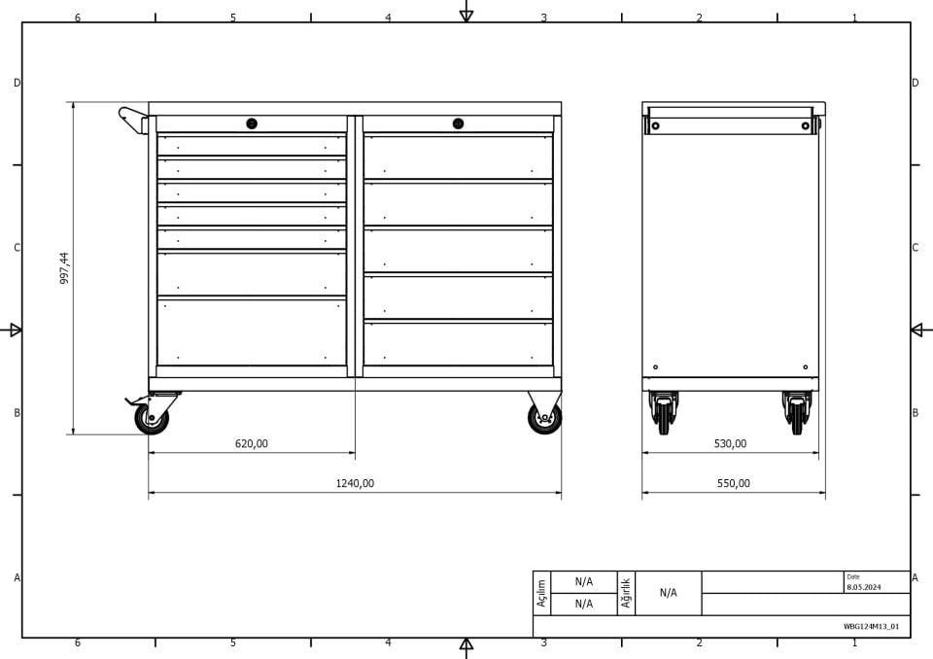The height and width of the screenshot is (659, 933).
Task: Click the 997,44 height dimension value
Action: coord(64,268)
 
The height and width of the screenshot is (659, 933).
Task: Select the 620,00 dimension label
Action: coord(252,443)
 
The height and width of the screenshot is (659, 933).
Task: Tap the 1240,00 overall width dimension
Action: coord(356,483)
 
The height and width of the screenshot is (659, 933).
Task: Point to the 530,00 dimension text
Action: coord(730,443)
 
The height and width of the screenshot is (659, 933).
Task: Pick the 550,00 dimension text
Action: coord(734,483)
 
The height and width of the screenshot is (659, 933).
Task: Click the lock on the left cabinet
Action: coord(252,123)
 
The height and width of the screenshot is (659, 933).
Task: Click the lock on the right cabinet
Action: coord(458,123)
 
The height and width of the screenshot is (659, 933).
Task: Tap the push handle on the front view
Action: coord(133,121)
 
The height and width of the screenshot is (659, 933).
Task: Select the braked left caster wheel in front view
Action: coord(152,418)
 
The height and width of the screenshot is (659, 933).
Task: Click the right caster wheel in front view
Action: coord(544,418)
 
